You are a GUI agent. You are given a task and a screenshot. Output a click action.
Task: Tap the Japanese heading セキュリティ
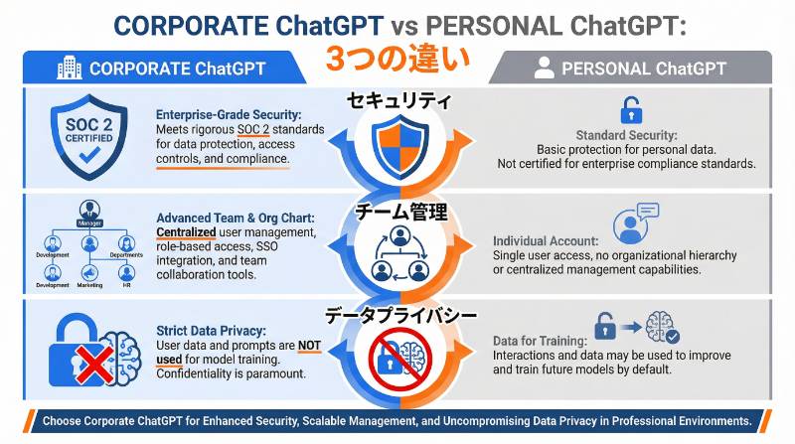(397, 101)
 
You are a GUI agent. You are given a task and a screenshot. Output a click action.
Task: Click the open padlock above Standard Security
(630, 108)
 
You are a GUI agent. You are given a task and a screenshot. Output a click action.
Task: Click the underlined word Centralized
(186, 232)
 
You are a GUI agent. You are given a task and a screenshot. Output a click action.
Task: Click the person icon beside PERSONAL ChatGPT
(543, 69)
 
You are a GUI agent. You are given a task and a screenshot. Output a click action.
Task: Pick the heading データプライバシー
(397, 316)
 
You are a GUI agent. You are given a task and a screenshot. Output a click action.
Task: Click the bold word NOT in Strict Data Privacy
(309, 347)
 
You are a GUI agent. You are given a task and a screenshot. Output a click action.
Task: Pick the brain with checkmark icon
(662, 328)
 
